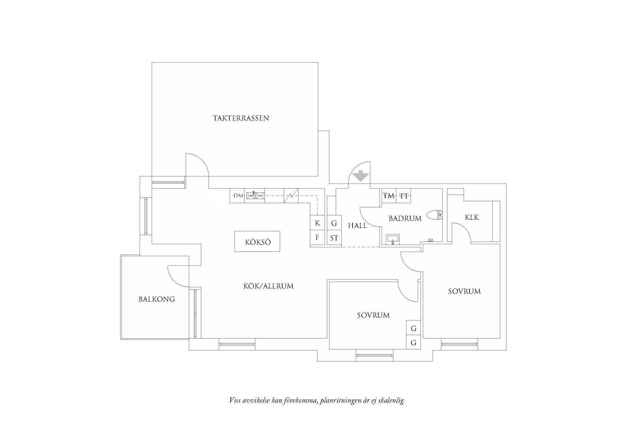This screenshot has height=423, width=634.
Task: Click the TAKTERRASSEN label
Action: tap(241, 118)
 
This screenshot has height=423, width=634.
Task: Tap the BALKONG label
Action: tap(157, 299)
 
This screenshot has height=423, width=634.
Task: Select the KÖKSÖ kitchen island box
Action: tap(257, 242)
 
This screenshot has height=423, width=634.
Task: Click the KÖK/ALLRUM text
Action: tap(269, 286)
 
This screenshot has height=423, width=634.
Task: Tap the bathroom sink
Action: tap(393, 239)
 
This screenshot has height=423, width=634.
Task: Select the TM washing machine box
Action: tap(389, 196)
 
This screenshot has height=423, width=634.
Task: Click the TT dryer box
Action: tap(404, 196)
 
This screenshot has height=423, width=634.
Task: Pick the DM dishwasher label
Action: tap(237, 196)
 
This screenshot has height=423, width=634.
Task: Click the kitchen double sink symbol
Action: tap(255, 195)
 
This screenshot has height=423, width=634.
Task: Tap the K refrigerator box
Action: tap(317, 223)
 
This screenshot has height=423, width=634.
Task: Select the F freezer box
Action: tap(317, 237)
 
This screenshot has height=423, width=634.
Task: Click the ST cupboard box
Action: tap(334, 238)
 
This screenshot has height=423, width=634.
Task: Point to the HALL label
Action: tap(357, 226)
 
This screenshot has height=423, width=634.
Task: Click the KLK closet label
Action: tap(472, 217)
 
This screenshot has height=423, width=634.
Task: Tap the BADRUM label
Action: tap(405, 218)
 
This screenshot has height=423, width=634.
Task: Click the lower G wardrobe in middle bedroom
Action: tap(414, 343)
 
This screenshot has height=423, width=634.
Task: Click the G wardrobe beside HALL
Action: tap(334, 223)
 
